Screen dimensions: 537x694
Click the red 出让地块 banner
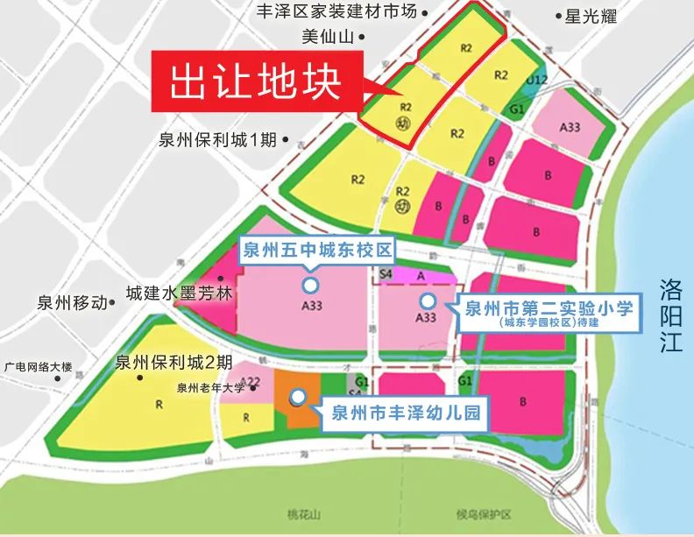(254, 82)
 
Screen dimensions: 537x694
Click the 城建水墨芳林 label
(179, 293)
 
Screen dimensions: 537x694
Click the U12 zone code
(537, 81)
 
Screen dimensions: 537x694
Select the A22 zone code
(251, 381)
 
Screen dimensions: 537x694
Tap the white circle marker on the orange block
(298, 397)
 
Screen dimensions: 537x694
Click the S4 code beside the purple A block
(386, 274)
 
